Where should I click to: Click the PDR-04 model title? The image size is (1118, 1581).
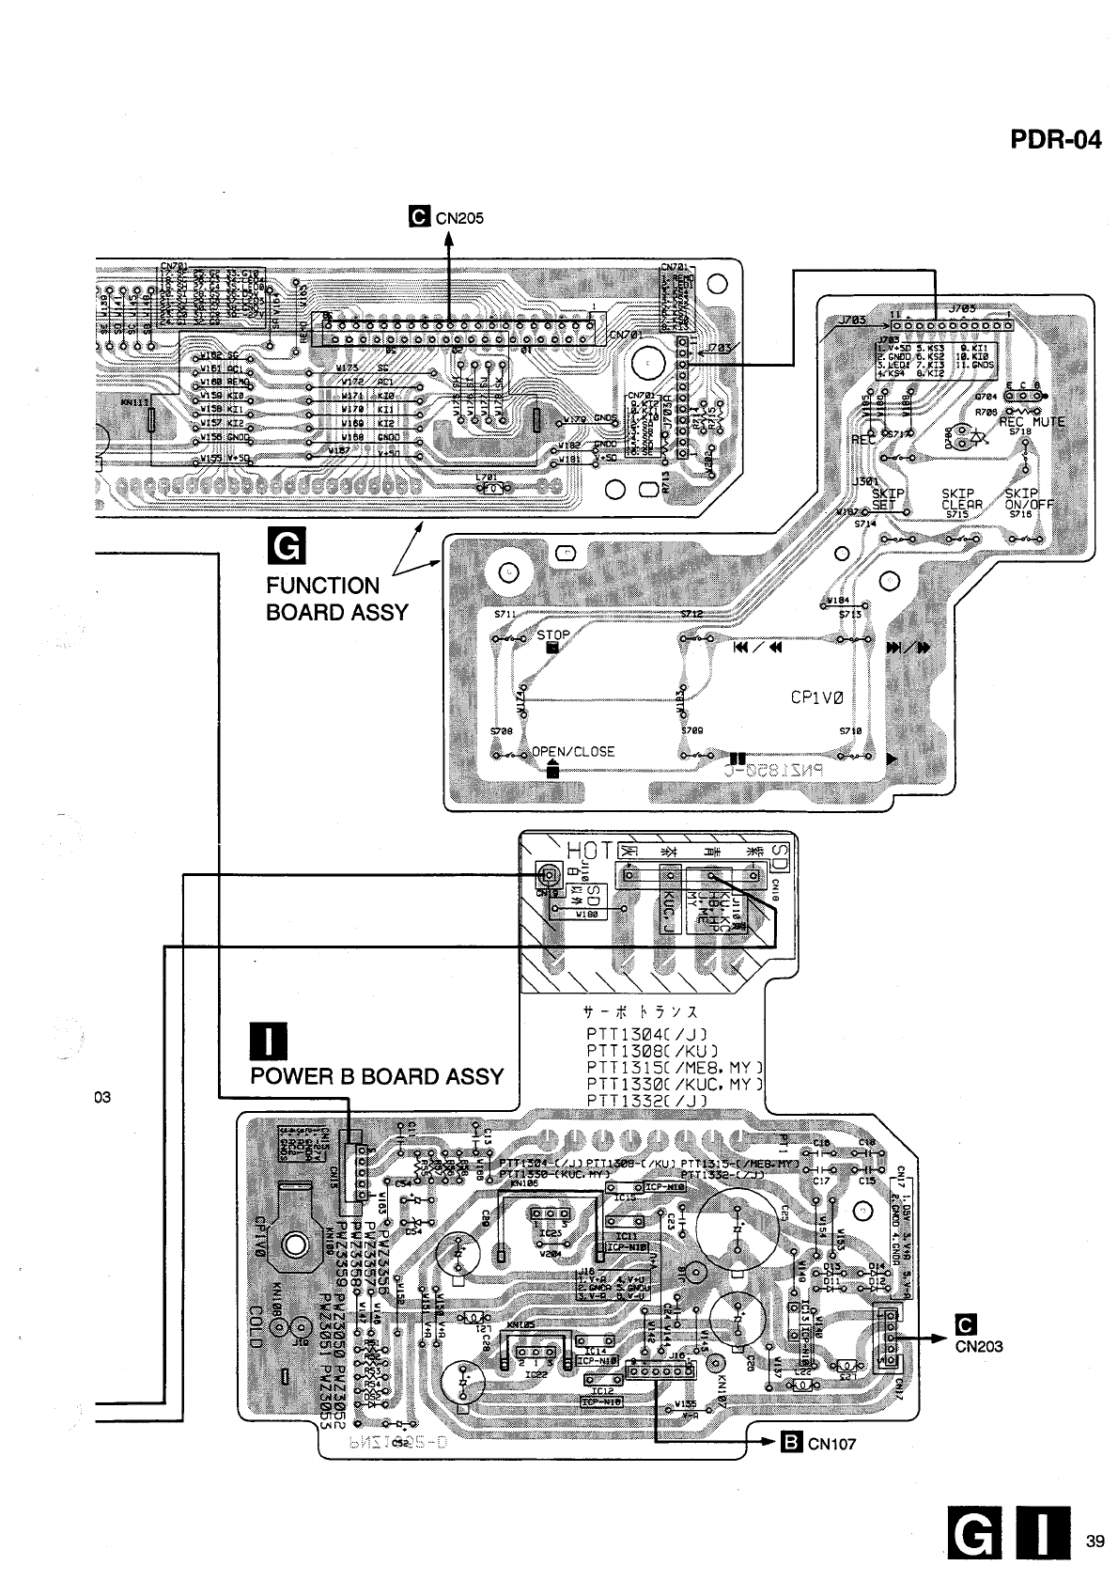(1055, 140)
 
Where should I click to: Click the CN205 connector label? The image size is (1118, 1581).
(458, 218)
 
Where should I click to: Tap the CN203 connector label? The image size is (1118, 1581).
(979, 1346)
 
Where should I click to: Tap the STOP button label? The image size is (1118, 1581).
(553, 635)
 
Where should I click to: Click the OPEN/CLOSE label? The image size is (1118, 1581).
(573, 752)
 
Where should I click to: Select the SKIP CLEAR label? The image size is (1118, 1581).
(961, 499)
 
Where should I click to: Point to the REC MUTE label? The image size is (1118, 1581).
(1032, 422)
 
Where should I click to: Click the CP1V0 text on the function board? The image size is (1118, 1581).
(817, 698)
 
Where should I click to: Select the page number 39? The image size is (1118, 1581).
(1094, 1541)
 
